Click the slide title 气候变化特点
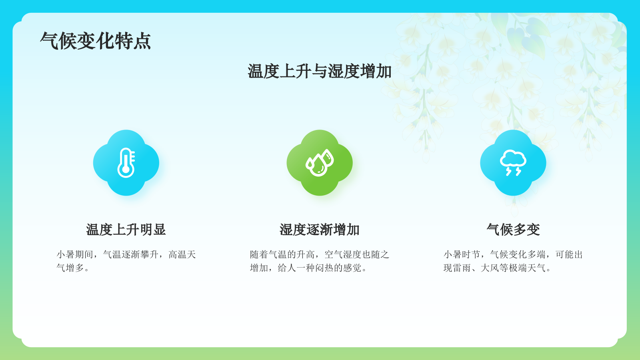(96, 41)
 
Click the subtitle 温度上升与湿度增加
(319, 72)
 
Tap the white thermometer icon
(126, 163)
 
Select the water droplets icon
(320, 163)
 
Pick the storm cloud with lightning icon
(513, 162)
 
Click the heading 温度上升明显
(126, 230)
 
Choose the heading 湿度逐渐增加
(320, 230)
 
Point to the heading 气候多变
(513, 230)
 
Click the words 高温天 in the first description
(182, 254)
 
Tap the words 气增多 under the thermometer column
(70, 268)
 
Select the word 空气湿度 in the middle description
(343, 254)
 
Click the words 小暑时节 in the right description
(462, 254)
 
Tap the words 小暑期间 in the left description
(75, 254)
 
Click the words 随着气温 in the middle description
(268, 254)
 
